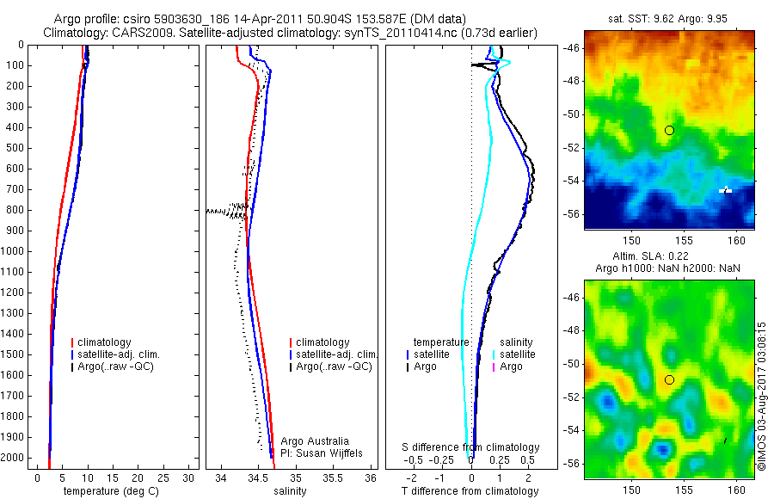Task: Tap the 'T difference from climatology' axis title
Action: pyautogui.click(x=470, y=491)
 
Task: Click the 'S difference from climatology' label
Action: pyautogui.click(x=471, y=447)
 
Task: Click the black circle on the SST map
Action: pyautogui.click(x=669, y=130)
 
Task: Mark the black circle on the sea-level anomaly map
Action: pyautogui.click(x=669, y=379)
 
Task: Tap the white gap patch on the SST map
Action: pyautogui.click(x=725, y=190)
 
